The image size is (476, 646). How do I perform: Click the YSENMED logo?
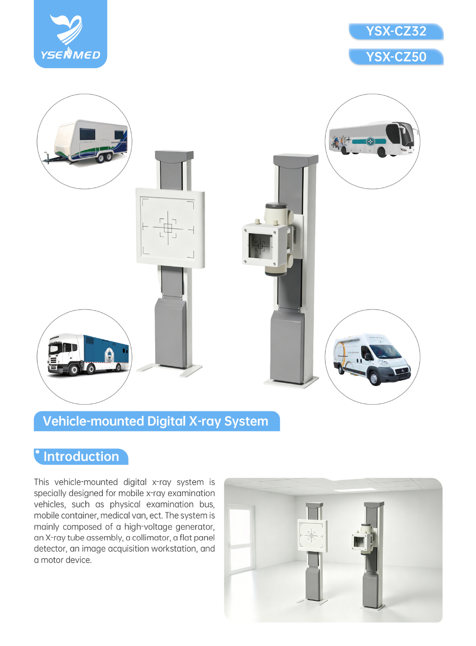coord(70,34)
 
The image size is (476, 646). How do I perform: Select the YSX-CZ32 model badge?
coord(396,31)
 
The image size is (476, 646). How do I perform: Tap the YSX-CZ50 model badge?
coord(396,57)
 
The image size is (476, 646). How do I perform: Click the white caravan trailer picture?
coord(85,141)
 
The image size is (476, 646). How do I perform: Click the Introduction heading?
coord(81,457)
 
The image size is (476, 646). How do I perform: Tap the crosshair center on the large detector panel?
coord(168,228)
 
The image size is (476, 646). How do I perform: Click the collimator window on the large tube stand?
coord(260,246)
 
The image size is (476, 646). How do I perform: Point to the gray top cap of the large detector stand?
coord(174,156)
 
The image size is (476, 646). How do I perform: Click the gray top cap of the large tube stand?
coord(296,159)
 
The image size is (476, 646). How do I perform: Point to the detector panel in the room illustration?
coord(312,536)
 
